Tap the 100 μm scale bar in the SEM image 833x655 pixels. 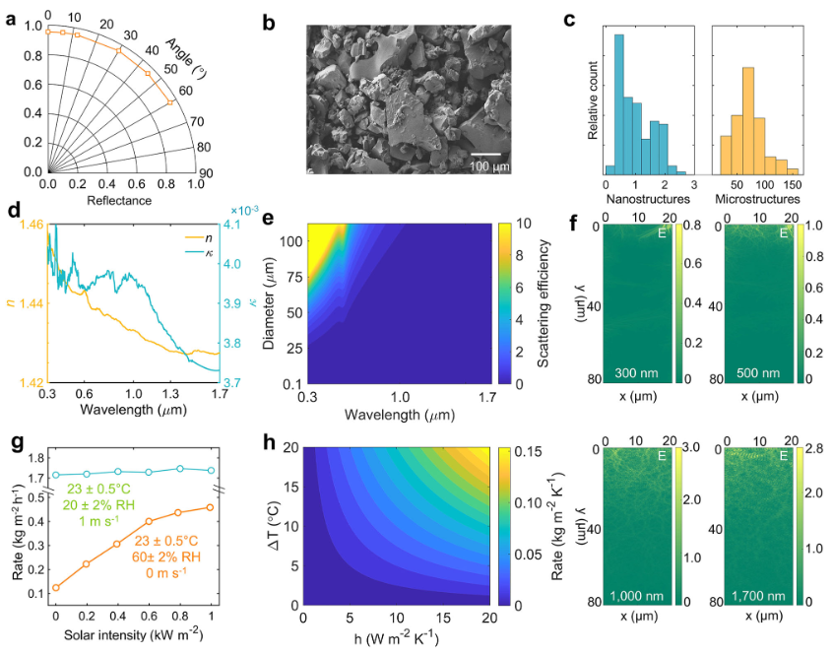click(489, 154)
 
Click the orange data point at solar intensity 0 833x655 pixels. click(55, 587)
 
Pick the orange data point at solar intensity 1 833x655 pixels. click(211, 507)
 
